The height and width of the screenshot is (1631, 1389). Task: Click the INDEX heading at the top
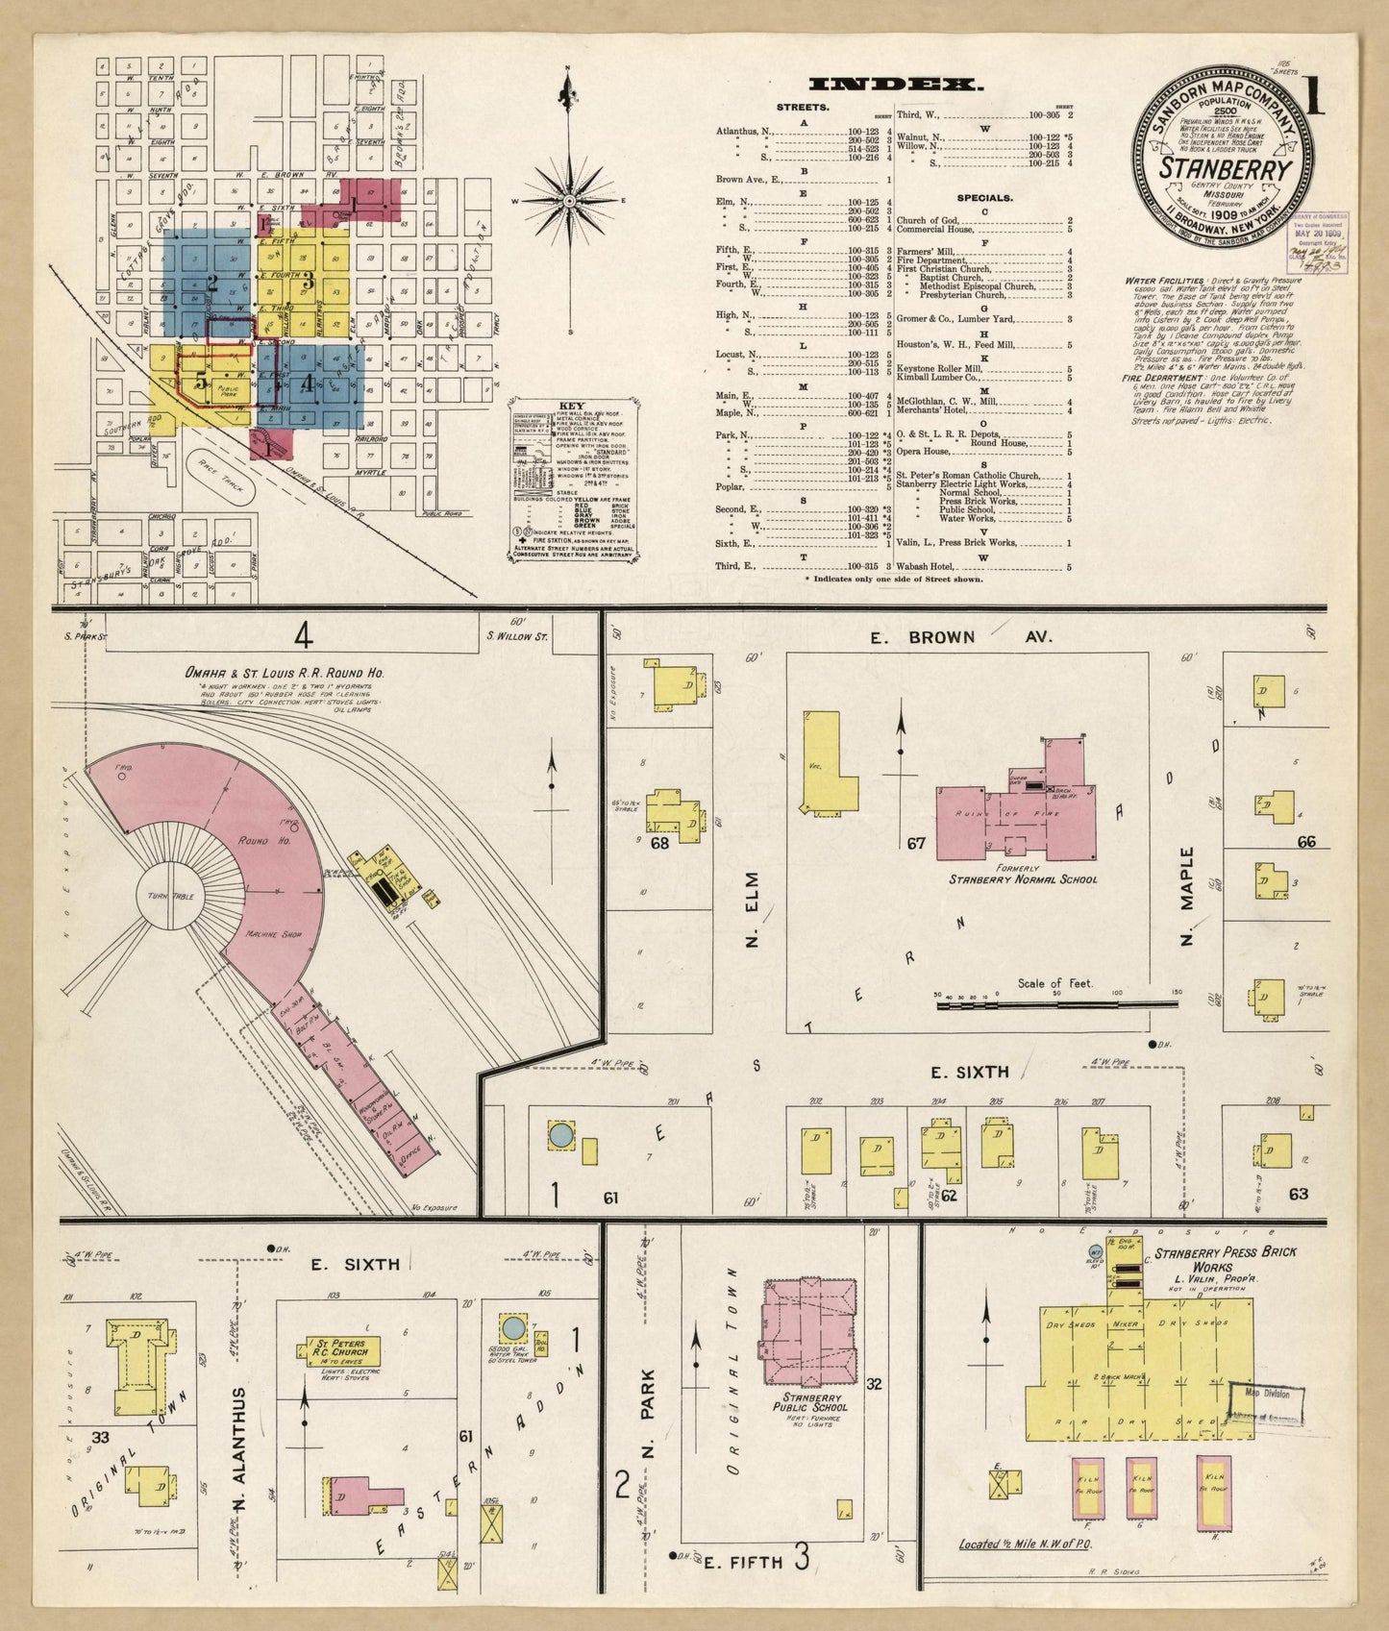point(896,85)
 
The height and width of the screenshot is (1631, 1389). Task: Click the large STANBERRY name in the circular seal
point(1224,167)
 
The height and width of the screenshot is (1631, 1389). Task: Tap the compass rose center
point(569,201)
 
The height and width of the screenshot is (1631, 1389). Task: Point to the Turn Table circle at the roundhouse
point(170,895)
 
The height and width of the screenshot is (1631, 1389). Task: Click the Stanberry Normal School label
point(1023,878)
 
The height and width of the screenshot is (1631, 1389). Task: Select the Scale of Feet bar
point(1055,1004)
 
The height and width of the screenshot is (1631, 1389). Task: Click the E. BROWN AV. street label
point(960,636)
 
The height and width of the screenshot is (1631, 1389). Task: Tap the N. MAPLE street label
point(1186,895)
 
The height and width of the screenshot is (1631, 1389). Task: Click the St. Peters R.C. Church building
point(342,1350)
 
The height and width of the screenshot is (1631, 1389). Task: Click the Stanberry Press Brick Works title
point(1225,1259)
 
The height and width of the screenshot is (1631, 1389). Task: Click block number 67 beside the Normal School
point(915,844)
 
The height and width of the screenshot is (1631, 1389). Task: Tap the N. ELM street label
point(752,908)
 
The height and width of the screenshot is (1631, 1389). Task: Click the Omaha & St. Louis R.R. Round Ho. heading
point(284,673)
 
